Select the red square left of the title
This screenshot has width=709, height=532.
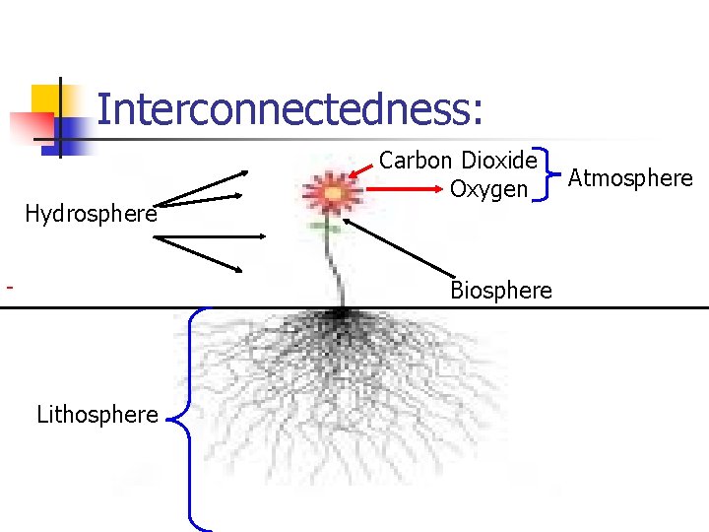point(30,127)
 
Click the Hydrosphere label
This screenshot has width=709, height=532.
point(91,214)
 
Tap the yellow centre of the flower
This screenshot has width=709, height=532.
point(333,194)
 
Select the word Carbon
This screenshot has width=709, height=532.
point(416,160)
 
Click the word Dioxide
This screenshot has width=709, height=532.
point(499,160)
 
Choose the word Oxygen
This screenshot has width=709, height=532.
point(488,188)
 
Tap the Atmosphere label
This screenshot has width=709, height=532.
point(631,178)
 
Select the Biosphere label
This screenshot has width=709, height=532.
point(501,290)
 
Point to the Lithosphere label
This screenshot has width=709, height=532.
point(97,415)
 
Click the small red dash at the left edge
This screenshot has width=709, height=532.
point(9,288)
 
